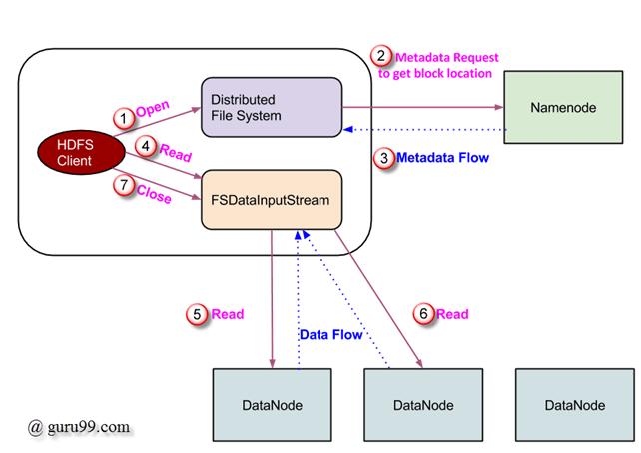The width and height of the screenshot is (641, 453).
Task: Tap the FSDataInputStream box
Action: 272,199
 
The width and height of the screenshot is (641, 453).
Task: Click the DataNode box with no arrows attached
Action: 575,404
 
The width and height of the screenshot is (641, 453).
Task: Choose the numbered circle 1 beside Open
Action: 123,118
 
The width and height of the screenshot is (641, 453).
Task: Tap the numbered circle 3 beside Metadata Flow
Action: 382,157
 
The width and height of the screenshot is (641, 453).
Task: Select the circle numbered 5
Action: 199,314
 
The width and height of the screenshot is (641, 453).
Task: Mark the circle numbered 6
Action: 424,314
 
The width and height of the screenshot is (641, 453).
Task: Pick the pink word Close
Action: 153,196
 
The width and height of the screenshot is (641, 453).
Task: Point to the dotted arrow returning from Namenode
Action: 424,130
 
